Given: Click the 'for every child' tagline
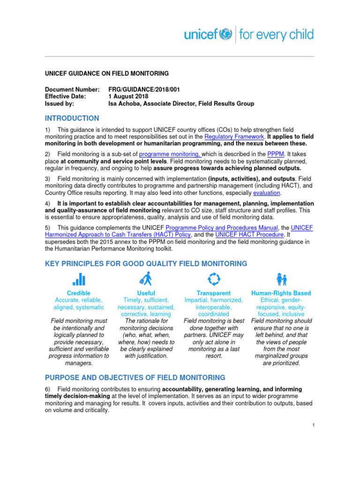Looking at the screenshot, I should click(276, 35).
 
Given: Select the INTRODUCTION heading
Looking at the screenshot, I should click(72, 119).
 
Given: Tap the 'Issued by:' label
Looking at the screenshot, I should click(59, 104).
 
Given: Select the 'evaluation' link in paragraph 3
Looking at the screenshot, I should click(267, 193).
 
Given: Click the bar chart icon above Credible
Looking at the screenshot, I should click(79, 279).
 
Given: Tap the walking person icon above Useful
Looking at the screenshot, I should click(146, 279).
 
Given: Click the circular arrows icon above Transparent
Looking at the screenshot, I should click(214, 279).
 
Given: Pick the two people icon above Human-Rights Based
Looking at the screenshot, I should click(281, 279).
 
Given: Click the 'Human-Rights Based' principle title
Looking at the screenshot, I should click(281, 293).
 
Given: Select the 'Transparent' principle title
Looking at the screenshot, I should click(214, 293).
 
